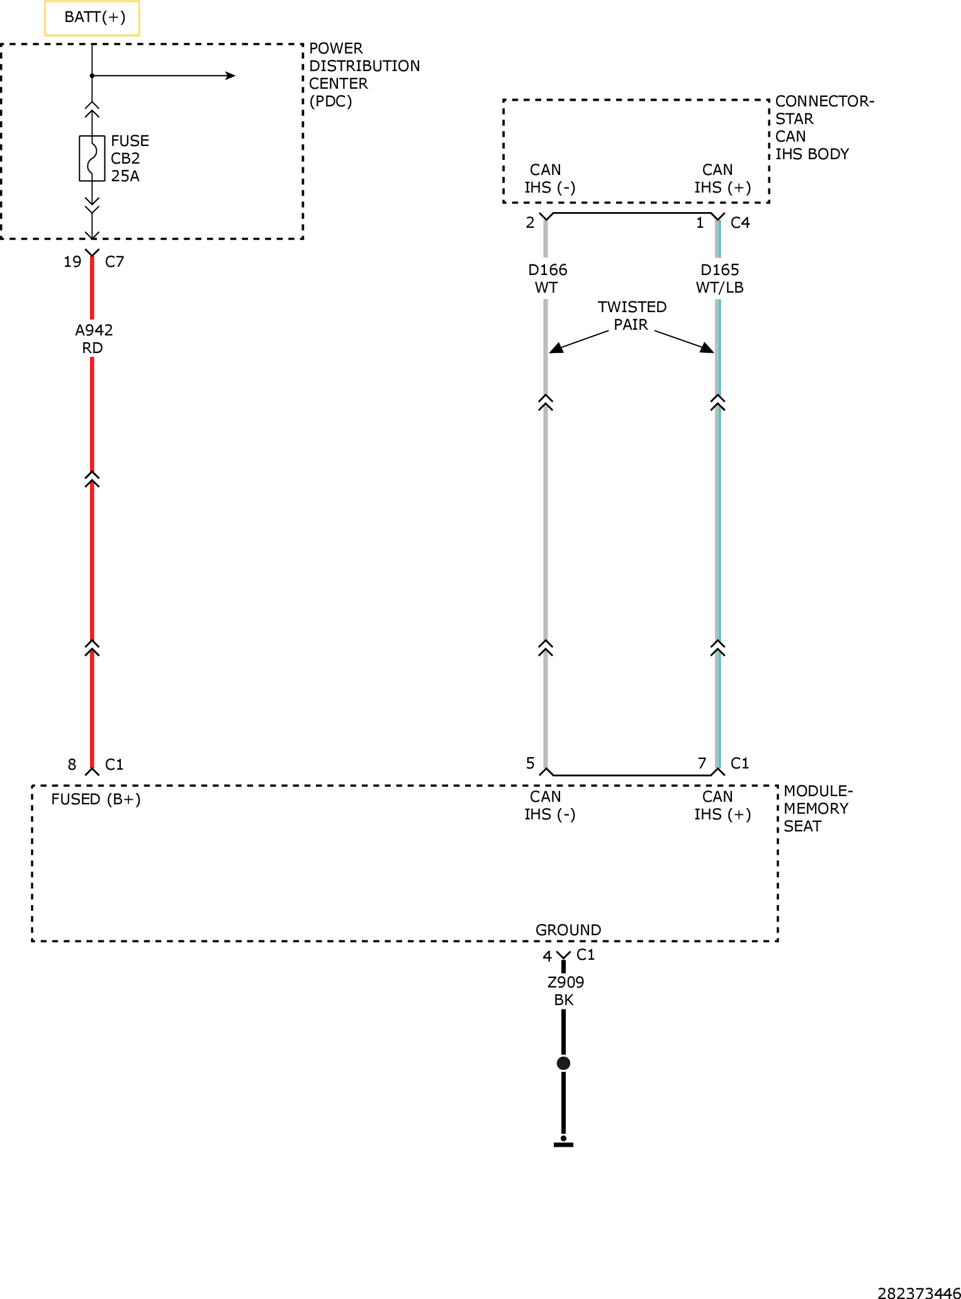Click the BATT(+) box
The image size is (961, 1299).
tap(92, 18)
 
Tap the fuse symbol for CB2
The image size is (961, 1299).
tap(92, 159)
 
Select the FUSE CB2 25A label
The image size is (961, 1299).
tap(130, 159)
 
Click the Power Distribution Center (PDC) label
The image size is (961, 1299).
tap(364, 75)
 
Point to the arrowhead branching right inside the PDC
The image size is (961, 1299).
tap(230, 76)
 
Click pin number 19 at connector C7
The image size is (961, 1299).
tap(72, 262)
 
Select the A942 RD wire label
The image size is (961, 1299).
tap(93, 339)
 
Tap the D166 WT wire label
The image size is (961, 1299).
tap(548, 279)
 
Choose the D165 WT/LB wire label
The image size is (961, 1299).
tap(720, 279)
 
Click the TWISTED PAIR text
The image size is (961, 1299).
tap(632, 316)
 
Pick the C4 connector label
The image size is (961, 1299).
tap(740, 223)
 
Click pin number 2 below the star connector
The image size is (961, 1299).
tap(531, 223)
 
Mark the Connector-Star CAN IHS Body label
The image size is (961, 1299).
tap(824, 128)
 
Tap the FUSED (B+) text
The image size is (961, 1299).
tap(96, 799)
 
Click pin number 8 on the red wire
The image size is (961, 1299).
tap(72, 765)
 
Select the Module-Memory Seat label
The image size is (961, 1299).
tap(818, 809)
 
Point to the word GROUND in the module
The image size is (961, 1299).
tap(568, 930)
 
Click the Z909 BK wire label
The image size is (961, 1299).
tap(565, 991)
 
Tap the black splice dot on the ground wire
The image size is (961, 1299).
tap(563, 1064)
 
